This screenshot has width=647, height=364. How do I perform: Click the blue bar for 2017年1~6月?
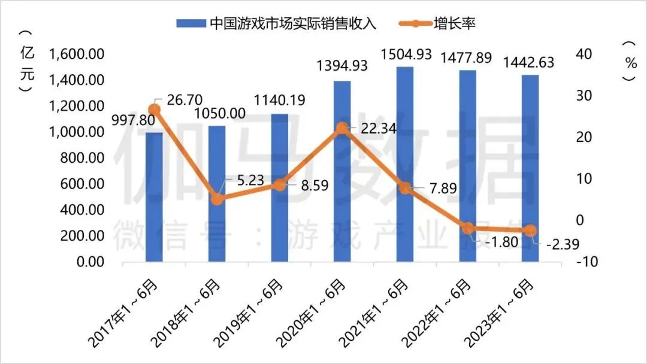(154, 198)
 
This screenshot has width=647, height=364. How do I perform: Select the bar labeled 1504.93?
(405, 165)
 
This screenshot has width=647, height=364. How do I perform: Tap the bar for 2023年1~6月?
(530, 169)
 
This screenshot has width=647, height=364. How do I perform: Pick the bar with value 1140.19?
(280, 188)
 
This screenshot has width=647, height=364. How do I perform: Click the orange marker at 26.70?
(155, 110)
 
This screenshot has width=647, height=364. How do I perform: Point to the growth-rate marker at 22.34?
(342, 128)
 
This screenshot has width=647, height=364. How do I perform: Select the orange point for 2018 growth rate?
(217, 199)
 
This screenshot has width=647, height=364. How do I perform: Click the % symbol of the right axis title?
(630, 63)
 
